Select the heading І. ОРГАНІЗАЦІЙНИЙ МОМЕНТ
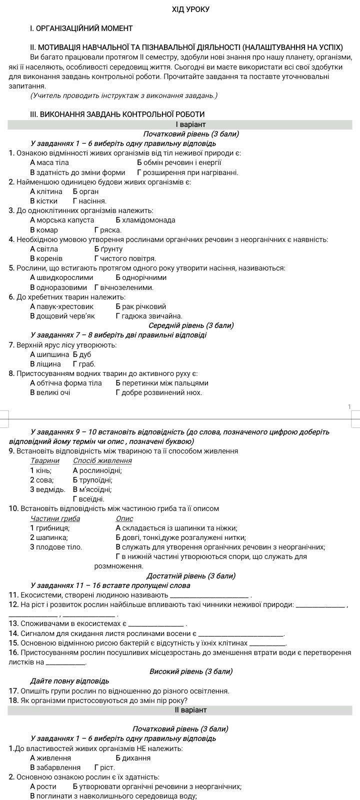[x=81, y=28]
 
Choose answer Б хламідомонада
[x=145, y=220]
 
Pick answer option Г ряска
[x=107, y=230]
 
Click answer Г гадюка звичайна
[x=148, y=316]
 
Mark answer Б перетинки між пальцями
[x=161, y=383]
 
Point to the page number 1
[x=349, y=407]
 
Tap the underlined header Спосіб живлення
[x=102, y=460]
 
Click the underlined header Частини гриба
[x=55, y=518]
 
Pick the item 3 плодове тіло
[x=56, y=547]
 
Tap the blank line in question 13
[x=156, y=624]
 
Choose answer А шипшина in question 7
[x=49, y=354]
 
